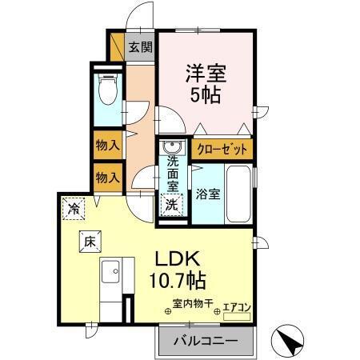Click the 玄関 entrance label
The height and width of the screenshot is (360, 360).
(141, 47)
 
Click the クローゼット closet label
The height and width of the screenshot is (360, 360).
(222, 149)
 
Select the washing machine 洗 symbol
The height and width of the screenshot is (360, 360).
(171, 204)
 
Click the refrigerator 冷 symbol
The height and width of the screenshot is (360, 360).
(74, 207)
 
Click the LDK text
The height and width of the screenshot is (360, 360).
(176, 261)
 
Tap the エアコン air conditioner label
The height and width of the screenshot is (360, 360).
(235, 305)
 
